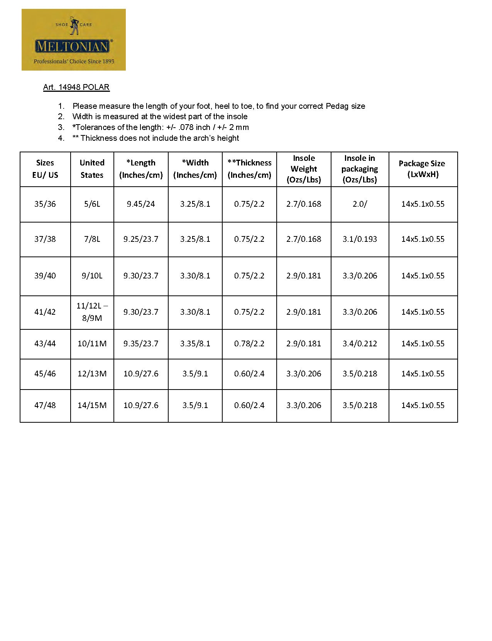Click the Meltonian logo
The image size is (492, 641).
73,40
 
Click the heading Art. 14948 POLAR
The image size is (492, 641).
76,87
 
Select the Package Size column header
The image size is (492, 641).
423,169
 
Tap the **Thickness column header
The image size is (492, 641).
249,169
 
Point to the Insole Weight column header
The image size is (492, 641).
304,169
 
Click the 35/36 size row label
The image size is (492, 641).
45,204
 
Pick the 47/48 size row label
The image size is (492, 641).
45,405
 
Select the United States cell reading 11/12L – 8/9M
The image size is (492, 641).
92,312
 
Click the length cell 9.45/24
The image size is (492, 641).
141,204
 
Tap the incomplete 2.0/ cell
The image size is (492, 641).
360,204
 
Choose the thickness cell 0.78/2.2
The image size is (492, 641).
249,344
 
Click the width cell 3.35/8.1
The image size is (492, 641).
195,344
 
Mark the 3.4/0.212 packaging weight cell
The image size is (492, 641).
360,344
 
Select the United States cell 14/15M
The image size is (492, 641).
92,405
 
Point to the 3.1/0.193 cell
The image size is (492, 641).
360,239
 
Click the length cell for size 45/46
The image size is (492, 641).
141,374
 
